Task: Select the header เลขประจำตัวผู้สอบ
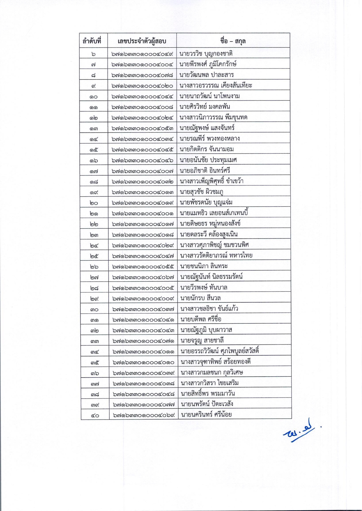[142, 41]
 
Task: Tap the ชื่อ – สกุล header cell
[233, 41]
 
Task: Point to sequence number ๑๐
[94, 96]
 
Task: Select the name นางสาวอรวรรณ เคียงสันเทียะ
[216, 86]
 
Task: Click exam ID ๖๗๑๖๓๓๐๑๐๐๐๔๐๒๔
[143, 118]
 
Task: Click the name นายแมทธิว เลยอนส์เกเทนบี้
[216, 213]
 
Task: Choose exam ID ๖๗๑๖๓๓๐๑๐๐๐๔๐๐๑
[143, 213]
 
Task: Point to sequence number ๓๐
[94, 309]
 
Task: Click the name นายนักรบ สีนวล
[201, 298]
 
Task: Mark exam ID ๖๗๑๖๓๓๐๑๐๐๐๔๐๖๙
[144, 415]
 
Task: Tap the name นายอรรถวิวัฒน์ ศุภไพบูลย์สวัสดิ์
[220, 351]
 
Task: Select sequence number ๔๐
[95, 415]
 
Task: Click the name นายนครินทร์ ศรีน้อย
[206, 415]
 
